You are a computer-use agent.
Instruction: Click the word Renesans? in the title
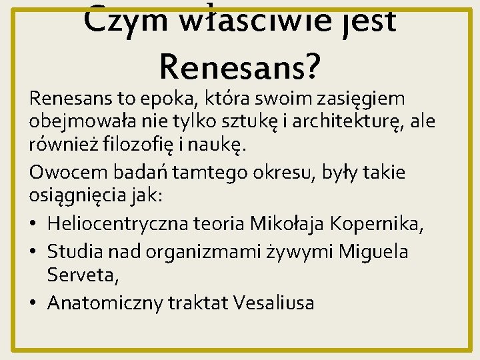(x=240, y=64)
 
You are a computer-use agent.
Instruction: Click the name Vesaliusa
(x=274, y=303)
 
